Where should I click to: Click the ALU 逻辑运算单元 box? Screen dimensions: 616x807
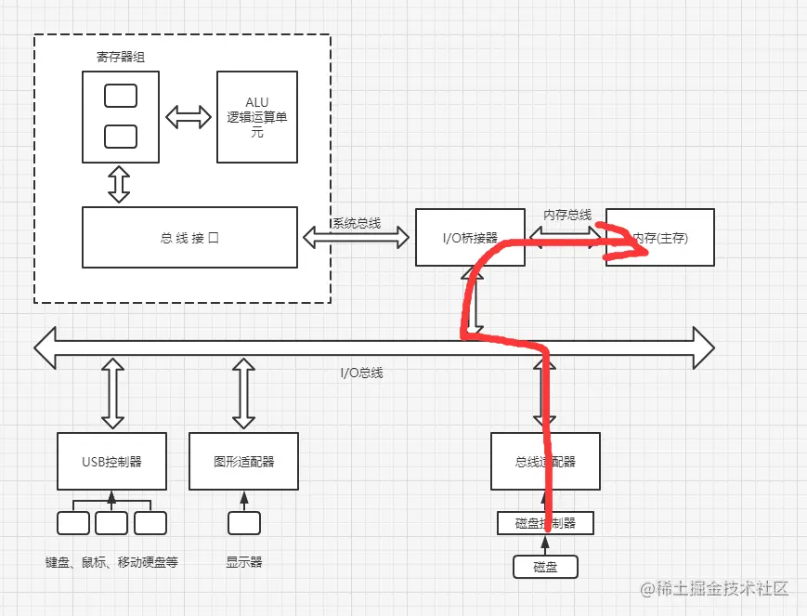pos(257,116)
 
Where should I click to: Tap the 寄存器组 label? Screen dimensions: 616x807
pos(121,57)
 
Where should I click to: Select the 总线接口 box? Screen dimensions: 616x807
pos(189,238)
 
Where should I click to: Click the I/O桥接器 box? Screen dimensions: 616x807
pos(469,238)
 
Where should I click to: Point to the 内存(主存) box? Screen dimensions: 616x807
pos(660,238)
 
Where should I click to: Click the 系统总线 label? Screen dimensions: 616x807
pos(357,223)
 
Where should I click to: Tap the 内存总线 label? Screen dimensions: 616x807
pos(567,215)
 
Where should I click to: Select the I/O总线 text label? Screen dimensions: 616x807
pos(361,373)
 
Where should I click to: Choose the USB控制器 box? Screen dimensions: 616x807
pos(111,461)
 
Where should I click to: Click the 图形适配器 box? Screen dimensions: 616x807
pos(244,461)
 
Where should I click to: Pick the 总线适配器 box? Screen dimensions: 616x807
pos(545,461)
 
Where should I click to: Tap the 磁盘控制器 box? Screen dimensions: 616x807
pos(545,523)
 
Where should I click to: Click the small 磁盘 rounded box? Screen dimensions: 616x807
pos(545,566)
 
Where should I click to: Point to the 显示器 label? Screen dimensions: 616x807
pos(244,562)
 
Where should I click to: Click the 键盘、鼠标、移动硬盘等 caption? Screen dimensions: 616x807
pos(111,562)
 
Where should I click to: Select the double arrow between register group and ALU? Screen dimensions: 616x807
pos(189,117)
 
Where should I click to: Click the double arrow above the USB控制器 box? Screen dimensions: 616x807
pos(112,395)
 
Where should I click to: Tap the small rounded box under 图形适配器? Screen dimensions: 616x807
pos(244,523)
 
